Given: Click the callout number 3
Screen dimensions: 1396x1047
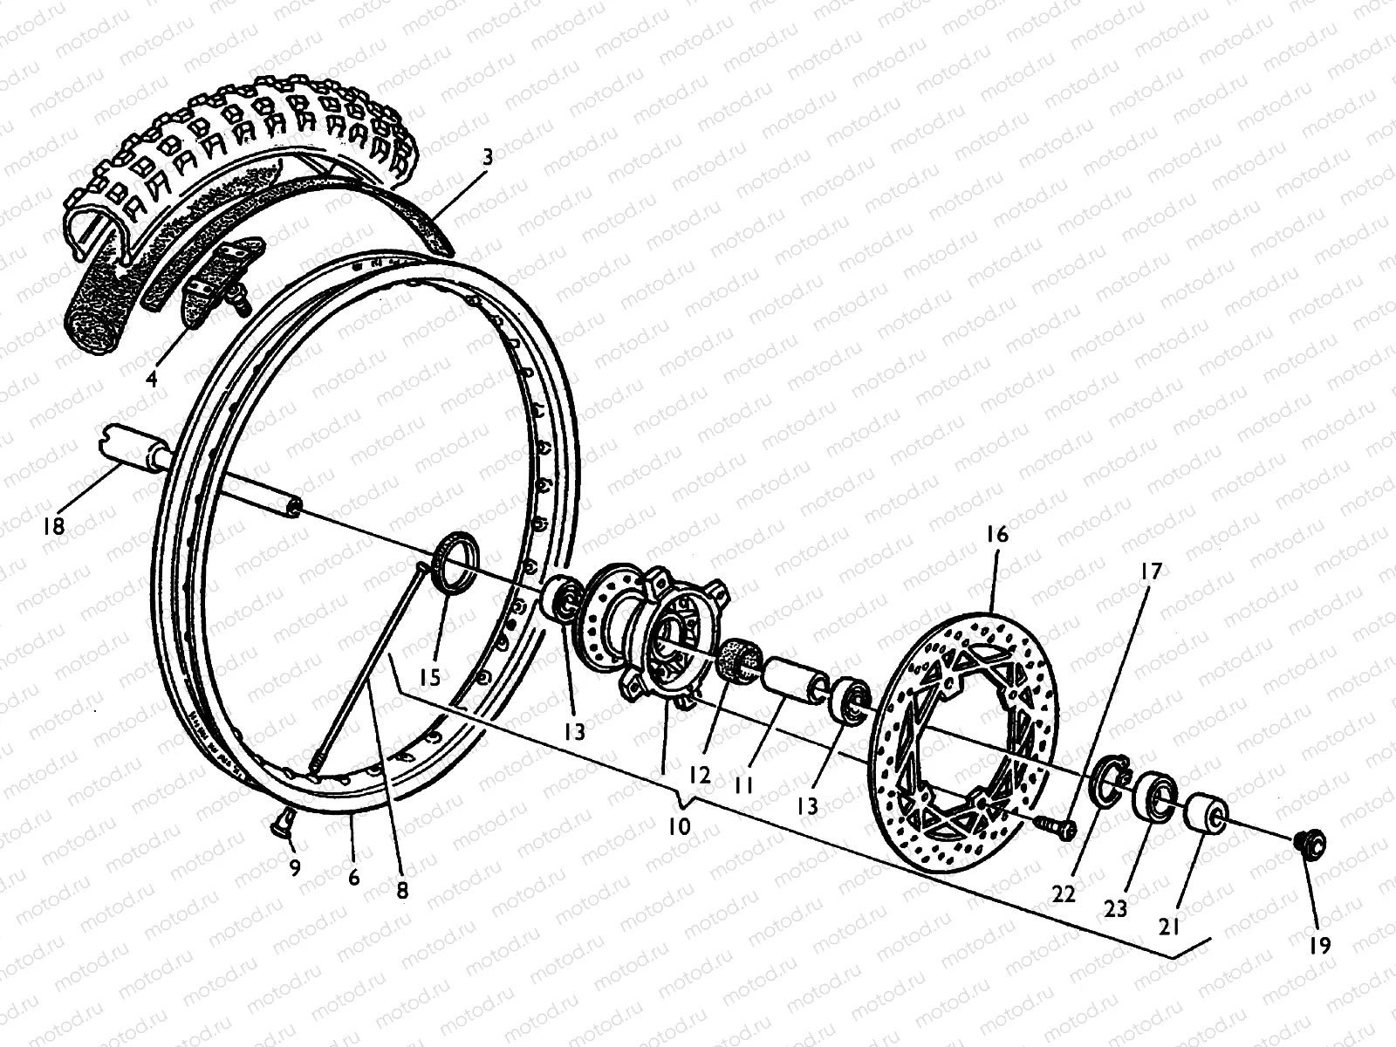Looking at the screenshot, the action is pyautogui.click(x=488, y=158).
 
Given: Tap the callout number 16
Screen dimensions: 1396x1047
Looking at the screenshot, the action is pyautogui.click(x=996, y=534).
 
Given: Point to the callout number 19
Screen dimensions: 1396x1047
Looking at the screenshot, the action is pyautogui.click(x=1320, y=945).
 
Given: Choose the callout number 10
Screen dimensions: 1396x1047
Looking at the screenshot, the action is pyautogui.click(x=679, y=825).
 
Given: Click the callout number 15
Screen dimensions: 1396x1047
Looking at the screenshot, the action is pyautogui.click(x=429, y=676).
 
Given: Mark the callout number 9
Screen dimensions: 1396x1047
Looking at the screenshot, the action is pyautogui.click(x=294, y=867).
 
